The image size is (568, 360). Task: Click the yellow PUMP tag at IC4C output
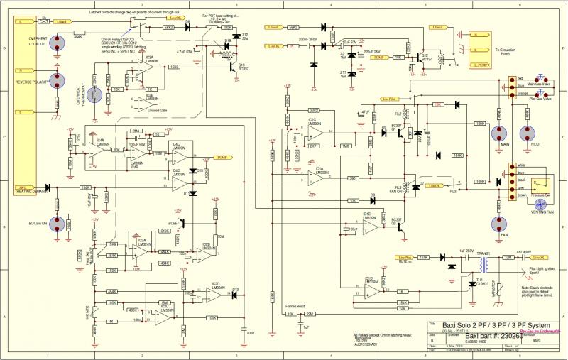(222, 156)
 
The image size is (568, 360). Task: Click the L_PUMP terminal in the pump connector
(482, 65)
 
